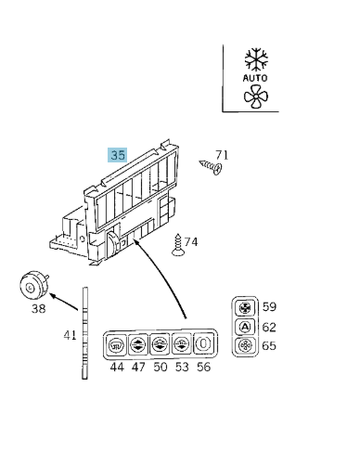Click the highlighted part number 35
pos(118,155)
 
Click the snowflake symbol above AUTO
pos(256,58)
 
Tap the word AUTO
pos(255,78)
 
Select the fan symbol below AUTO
pos(256,97)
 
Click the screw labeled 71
pos(211,166)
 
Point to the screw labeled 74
pos(178,245)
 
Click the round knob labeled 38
pos(33,285)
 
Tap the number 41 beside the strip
pos(70,335)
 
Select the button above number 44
pos(116,344)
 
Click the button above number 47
pos(138,344)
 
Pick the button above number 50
pos(160,344)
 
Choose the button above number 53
pos(182,343)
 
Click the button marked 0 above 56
pos(203,343)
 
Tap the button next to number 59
pos(245,308)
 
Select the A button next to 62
pos(245,327)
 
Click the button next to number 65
pos(245,345)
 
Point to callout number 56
pos(204,367)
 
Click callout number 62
pos(269,328)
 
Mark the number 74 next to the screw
pos(191,242)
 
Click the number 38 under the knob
pos(39,308)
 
